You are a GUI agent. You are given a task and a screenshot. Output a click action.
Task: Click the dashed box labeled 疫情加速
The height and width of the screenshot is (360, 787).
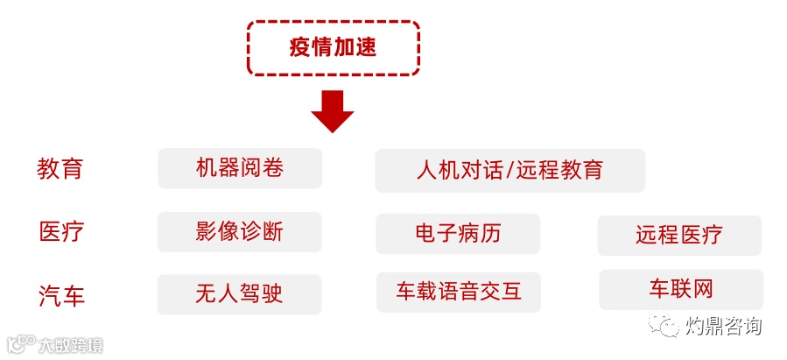[x=333, y=47]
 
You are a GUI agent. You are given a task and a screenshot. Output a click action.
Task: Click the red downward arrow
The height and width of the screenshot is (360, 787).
[x=333, y=110]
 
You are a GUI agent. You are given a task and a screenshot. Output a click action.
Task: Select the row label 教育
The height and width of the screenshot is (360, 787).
[x=60, y=168]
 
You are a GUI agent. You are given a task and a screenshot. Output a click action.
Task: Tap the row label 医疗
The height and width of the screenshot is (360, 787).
[x=60, y=232]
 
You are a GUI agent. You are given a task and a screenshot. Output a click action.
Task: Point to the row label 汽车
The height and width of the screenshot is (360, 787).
[x=60, y=295]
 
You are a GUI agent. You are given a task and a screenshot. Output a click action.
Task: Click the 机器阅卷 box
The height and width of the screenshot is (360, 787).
[x=240, y=168]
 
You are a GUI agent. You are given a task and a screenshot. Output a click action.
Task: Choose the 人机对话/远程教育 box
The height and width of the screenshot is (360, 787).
[x=509, y=170]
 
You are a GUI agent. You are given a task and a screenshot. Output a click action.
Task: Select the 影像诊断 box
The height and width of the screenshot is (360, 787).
[x=240, y=232]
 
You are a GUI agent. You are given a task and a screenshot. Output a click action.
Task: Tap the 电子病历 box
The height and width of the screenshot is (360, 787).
[x=458, y=234]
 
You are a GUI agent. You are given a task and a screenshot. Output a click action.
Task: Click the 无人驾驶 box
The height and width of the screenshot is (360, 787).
[x=240, y=294]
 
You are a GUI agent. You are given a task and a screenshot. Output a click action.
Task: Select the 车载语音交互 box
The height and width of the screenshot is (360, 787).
[x=458, y=292]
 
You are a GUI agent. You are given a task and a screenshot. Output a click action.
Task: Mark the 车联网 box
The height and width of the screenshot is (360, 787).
[x=681, y=289]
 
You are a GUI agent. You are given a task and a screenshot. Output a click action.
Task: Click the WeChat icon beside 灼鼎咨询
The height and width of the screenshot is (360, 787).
[x=664, y=326]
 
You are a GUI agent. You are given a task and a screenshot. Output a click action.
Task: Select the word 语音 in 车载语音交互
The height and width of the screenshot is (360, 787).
[x=458, y=292]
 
